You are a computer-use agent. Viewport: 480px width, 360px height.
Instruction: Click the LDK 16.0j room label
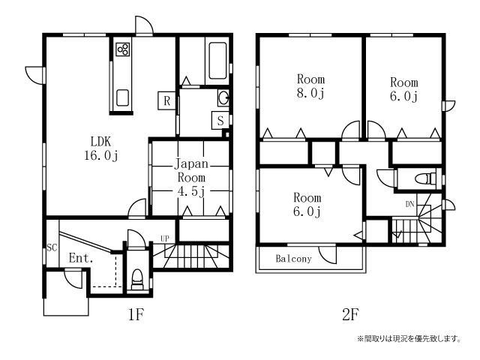(101, 148)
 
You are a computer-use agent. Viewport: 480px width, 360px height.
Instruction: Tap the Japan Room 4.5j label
(191, 178)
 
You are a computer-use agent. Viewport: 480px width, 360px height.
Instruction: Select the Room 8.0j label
(310, 86)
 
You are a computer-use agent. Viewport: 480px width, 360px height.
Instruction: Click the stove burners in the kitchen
(123, 49)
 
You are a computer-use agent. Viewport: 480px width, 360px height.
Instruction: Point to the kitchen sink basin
(123, 97)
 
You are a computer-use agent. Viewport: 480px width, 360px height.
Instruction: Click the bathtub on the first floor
(217, 61)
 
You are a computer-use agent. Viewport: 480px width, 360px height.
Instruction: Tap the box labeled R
(166, 100)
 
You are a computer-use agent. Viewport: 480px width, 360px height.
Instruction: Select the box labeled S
(220, 121)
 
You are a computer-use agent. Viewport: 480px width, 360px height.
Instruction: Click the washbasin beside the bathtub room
(223, 98)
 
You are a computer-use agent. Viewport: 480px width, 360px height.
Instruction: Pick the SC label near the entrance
(52, 247)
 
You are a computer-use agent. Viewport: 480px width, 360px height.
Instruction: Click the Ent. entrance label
(81, 258)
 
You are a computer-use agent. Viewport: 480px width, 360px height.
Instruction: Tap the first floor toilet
(137, 279)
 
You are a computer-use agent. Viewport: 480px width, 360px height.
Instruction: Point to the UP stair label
(165, 238)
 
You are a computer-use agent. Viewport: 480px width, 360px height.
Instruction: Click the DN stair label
(410, 204)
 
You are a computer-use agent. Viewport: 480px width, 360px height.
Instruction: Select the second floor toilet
(425, 178)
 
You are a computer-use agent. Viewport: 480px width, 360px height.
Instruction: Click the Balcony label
(293, 259)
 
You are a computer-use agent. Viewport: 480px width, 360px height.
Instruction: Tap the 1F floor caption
(136, 314)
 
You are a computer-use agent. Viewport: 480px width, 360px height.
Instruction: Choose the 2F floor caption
(350, 314)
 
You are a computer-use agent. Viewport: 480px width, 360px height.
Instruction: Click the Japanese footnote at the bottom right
(409, 339)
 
